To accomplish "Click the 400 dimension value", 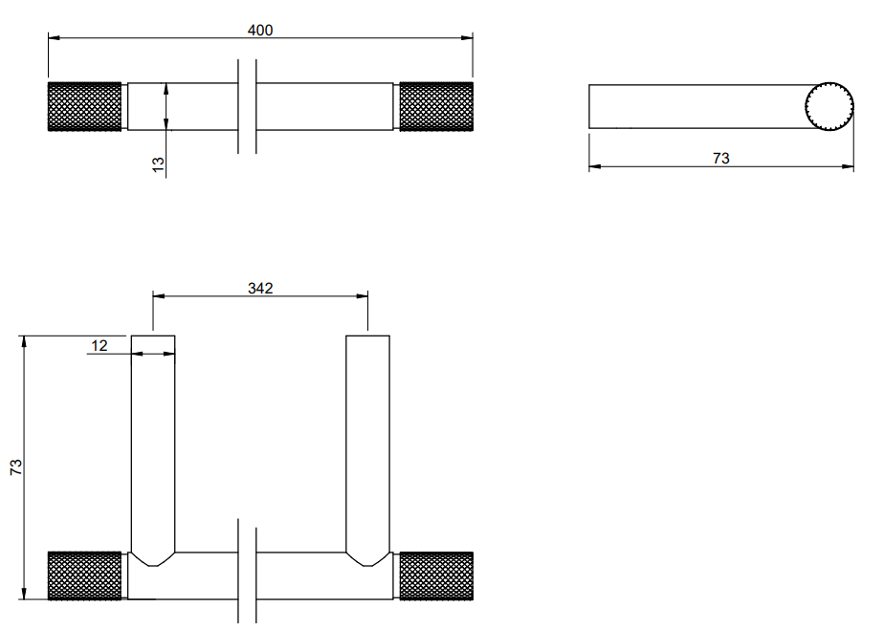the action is [260, 30].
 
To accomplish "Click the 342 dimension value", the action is [260, 289].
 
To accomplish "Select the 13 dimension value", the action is [159, 164].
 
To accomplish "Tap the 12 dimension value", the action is [99, 346].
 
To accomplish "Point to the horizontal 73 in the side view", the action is [721, 159].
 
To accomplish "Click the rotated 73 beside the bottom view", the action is [16, 466].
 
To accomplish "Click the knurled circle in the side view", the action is [829, 106].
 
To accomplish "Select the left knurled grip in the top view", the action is [84, 106].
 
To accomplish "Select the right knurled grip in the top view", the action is [436, 106].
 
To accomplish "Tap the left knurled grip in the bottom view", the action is [84, 575].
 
